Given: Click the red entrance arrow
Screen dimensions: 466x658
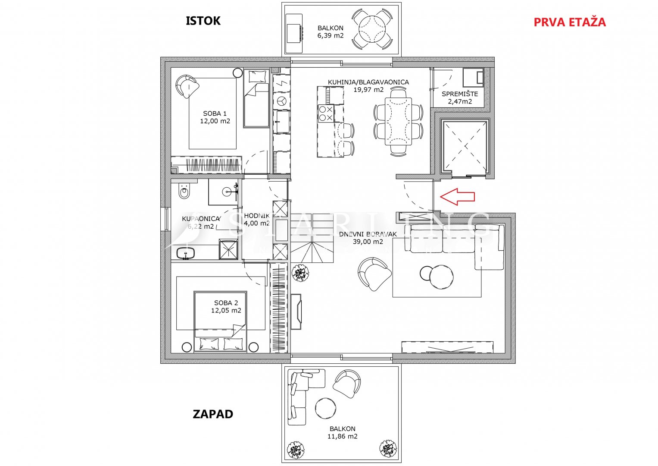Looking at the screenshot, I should click(x=457, y=196).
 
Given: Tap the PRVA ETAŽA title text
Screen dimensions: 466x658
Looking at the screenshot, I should click(x=569, y=22).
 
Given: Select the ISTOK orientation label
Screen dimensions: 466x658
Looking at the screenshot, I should click(x=203, y=21).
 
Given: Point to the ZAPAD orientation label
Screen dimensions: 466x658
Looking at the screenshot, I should click(x=213, y=414).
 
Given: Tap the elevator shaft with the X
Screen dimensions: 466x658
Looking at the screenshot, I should click(x=464, y=147).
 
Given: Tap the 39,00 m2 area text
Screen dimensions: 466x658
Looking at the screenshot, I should click(x=368, y=242).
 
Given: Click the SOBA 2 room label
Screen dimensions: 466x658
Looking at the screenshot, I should click(x=226, y=303).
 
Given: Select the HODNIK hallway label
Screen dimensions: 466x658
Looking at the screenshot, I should click(x=257, y=216).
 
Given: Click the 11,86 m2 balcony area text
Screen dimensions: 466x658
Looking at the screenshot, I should click(x=342, y=436).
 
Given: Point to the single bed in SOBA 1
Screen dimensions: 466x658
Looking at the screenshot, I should click(x=256, y=99).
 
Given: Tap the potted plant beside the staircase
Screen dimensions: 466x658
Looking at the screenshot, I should click(x=300, y=273).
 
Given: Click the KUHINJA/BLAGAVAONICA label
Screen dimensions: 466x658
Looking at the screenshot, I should click(x=368, y=82).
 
